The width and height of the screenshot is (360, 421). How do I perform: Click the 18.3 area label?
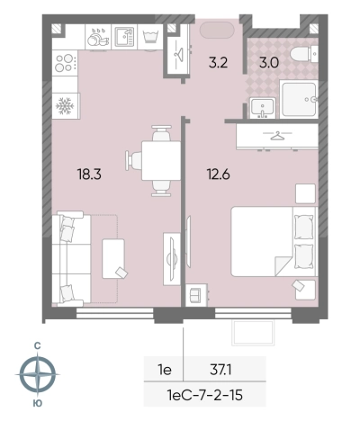tap(89, 174)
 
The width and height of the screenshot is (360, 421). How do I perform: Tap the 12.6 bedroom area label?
tap(219, 174)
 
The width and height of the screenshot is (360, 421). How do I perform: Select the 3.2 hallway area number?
tap(218, 63)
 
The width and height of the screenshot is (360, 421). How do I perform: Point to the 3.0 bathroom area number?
tap(269, 63)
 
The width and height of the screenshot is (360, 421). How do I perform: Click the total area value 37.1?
tap(220, 370)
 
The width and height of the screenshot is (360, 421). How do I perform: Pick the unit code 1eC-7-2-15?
tap(205, 395)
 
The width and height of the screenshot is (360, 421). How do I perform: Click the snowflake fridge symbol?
tap(65, 106)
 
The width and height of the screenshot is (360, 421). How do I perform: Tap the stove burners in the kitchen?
tap(65, 63)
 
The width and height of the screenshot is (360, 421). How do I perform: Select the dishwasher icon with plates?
tap(98, 37)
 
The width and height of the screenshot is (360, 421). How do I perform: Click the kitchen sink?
tap(124, 37)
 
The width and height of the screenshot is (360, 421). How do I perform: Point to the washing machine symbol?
tap(150, 37)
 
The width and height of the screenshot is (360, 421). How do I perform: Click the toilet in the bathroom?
tap(301, 54)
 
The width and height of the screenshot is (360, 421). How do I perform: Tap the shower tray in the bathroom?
tap(299, 99)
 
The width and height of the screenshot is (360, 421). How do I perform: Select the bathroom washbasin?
tap(263, 107)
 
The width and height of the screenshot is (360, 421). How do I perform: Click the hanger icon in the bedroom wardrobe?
tap(277, 136)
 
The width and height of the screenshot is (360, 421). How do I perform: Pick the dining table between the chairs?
tap(161, 161)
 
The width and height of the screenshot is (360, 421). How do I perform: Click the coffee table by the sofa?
tap(113, 258)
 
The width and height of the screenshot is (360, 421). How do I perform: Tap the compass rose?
tap(38, 374)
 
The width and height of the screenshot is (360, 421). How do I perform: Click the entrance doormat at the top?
tap(216, 30)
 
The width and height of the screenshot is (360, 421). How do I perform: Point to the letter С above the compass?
tap(37, 346)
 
